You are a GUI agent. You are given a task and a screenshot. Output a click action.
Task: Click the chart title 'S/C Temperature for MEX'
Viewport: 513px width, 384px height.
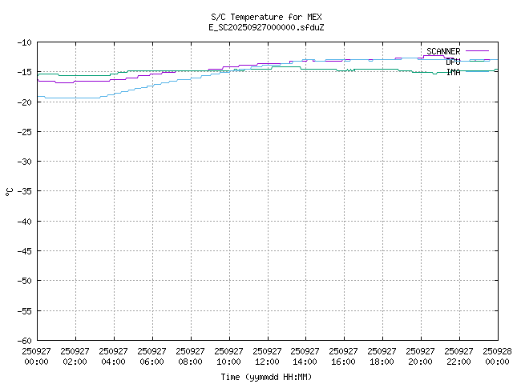[x=266, y=17]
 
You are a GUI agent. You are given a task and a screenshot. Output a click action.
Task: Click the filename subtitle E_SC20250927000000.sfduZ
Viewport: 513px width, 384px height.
[x=266, y=27]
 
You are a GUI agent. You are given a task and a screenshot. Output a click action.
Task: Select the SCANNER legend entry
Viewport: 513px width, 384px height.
[x=443, y=51]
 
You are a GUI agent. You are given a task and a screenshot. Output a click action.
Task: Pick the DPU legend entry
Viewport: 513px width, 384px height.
[x=453, y=62]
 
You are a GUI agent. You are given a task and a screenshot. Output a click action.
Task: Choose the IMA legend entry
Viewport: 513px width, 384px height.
[x=453, y=72]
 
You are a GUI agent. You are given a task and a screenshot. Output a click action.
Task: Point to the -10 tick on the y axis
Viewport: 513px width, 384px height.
[x=22, y=42]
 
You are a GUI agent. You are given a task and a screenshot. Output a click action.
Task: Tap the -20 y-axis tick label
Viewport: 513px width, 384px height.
[x=22, y=102]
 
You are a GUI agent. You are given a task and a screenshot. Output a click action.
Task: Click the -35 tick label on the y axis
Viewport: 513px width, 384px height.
[x=22, y=191]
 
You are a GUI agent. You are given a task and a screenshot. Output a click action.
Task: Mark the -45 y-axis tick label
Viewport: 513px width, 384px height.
[x=22, y=250]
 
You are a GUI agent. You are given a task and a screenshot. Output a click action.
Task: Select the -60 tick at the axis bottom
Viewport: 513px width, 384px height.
[x=22, y=340]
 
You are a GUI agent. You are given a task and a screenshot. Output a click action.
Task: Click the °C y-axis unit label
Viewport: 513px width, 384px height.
[x=9, y=191]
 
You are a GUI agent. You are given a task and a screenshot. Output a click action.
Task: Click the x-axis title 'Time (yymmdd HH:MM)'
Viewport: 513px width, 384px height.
[x=266, y=377]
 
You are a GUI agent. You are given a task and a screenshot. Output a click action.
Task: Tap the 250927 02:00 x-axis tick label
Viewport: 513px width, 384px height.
[x=75, y=356]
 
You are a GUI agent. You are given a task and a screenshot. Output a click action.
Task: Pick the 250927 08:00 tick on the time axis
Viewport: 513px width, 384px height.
[x=191, y=356]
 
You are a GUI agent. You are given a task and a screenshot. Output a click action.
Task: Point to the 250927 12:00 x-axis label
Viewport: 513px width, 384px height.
[x=268, y=356]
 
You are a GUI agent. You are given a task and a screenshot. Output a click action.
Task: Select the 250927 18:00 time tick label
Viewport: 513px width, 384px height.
[x=382, y=356]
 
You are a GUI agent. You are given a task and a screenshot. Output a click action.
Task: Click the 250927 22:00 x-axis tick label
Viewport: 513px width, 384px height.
[x=459, y=356]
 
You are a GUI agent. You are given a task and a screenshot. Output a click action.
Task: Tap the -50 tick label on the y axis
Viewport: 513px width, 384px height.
[x=22, y=280]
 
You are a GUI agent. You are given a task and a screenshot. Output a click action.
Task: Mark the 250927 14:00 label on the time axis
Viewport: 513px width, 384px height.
[x=305, y=356]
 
